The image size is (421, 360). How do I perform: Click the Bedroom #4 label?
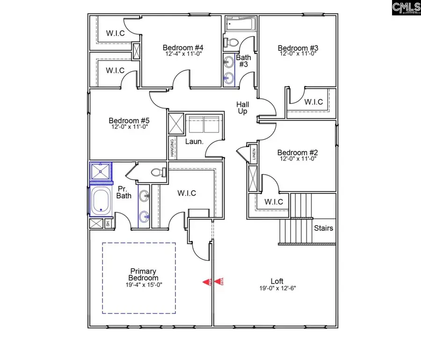tap(182, 47)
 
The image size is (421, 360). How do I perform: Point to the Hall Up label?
tap(242, 108)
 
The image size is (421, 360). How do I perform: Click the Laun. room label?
tap(194, 141)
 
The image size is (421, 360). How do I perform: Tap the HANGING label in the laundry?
tap(172, 148)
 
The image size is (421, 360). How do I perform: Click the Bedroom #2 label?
tap(298, 153)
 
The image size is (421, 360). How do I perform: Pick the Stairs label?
tap(324, 228)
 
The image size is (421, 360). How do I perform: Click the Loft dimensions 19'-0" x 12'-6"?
tap(278, 288)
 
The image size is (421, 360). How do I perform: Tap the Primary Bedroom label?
tap(144, 275)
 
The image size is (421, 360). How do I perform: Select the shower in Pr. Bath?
tap(101, 172)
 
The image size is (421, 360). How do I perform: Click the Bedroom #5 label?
tap(129, 120)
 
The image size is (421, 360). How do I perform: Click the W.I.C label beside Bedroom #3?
tap(313, 102)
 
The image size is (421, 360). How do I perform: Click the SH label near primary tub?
tap(108, 224)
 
